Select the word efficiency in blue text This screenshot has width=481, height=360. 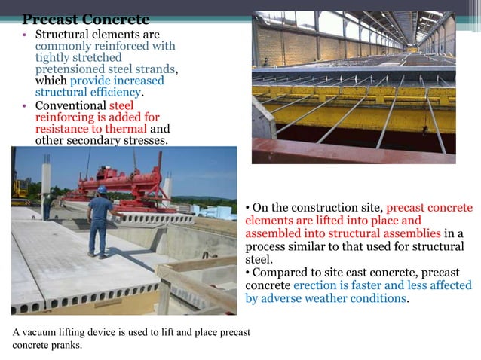[112, 93]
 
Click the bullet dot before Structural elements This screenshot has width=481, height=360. [25, 35]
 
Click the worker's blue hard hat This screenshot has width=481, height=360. [102, 189]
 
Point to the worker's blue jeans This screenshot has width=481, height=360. [98, 237]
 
